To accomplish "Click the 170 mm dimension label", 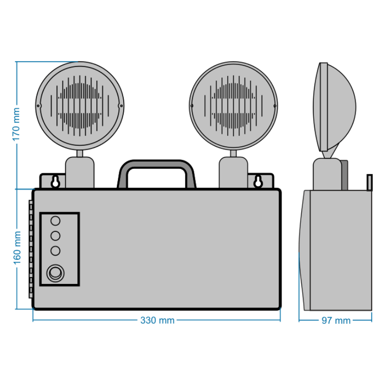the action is click(16, 124).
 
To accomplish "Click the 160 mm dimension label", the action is click(17, 248).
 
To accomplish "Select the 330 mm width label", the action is click(157, 320).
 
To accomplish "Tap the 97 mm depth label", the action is click(336, 321).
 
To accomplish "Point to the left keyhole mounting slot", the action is click(55, 181).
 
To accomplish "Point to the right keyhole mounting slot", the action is click(258, 181).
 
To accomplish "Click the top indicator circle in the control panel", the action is click(55, 221).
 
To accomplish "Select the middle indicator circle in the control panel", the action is click(55, 236).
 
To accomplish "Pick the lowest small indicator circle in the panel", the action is click(55, 251).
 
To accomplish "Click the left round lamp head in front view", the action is click(79, 106).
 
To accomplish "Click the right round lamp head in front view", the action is click(233, 106).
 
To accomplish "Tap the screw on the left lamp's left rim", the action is click(38, 106).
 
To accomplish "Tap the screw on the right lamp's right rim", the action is click(275, 106).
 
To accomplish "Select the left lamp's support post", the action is click(79, 172).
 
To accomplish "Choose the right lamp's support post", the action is click(233, 172).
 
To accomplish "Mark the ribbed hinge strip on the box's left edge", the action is click(31, 249).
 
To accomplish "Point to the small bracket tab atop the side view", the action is click(369, 182).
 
